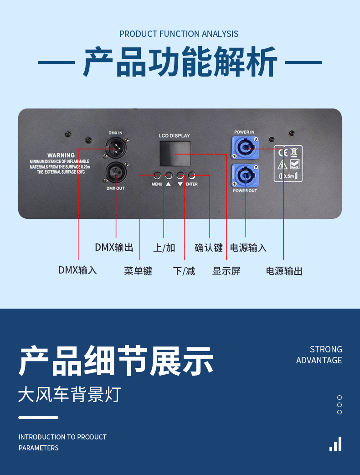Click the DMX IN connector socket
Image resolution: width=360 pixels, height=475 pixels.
116,148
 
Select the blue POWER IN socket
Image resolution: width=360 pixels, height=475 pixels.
245,149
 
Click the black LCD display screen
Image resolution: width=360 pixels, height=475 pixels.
175,154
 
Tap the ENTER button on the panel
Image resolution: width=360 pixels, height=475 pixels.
192,175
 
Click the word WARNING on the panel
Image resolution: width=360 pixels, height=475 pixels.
61,155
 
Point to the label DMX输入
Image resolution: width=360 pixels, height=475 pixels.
77,270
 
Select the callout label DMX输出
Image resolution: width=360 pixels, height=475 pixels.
114,248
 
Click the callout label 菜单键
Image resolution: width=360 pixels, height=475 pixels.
138,271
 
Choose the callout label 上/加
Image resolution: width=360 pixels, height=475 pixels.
164,248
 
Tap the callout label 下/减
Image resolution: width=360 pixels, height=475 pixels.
184,271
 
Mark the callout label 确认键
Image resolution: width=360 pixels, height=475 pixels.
209,248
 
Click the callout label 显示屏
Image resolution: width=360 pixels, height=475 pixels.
226,271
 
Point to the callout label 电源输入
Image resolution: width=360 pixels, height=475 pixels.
248,248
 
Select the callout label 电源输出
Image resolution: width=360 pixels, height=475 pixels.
284,271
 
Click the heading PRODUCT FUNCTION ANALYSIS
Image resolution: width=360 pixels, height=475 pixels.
179,34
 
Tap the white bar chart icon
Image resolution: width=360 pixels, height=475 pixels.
335,444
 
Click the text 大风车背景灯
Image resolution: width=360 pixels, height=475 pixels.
69,394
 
